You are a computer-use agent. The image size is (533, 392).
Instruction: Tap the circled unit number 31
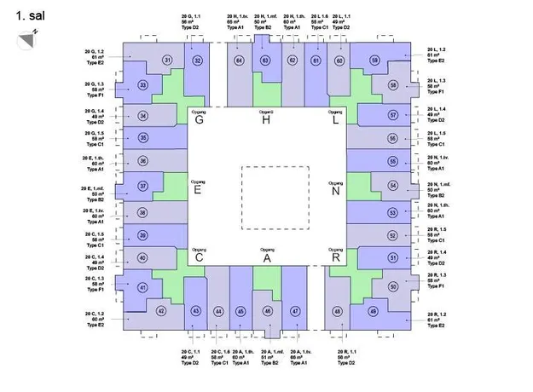(x=168, y=59)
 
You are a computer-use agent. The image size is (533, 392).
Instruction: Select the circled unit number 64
(x=240, y=61)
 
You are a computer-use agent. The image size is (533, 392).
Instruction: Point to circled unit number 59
(x=375, y=61)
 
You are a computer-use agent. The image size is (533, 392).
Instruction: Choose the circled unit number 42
(x=161, y=311)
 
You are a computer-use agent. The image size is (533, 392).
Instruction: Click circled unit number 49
(x=374, y=311)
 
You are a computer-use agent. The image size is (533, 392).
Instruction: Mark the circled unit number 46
(x=267, y=312)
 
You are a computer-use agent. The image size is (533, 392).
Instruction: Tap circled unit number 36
(x=142, y=161)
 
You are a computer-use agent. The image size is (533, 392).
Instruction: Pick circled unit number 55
(x=393, y=161)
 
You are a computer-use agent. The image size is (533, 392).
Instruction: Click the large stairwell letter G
(x=199, y=120)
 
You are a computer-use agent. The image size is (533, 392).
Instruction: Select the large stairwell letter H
(x=266, y=120)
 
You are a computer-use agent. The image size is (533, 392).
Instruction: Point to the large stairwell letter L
(x=335, y=120)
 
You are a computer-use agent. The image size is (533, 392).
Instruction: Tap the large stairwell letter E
(x=198, y=190)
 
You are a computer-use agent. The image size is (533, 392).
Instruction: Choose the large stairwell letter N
(x=335, y=190)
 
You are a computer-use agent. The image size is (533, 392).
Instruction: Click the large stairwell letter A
(x=267, y=258)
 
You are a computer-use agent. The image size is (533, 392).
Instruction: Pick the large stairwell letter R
(x=336, y=257)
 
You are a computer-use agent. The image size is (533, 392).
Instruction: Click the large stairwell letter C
(x=199, y=258)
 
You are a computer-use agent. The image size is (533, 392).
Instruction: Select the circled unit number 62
(x=293, y=61)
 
